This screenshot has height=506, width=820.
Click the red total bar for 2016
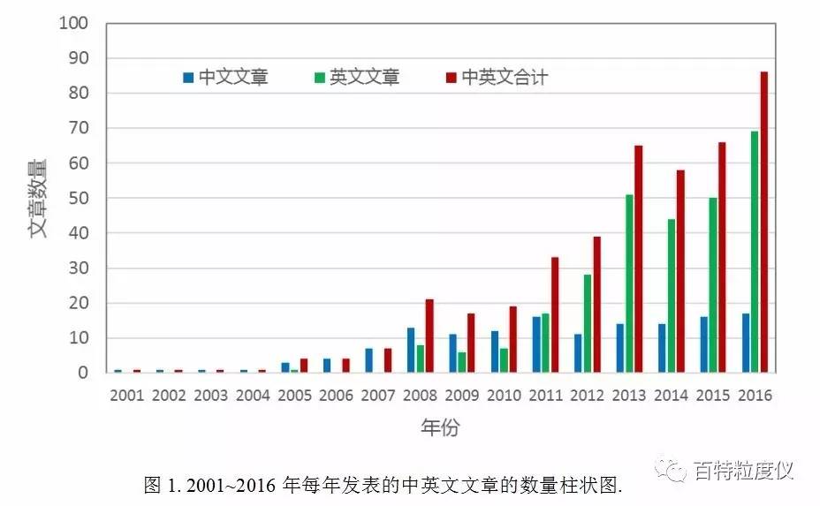click(764, 222)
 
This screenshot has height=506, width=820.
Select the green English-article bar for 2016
click(754, 252)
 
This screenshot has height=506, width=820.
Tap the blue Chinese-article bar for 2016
click(744, 343)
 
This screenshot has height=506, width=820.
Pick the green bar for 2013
click(628, 283)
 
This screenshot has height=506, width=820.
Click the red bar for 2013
click(639, 259)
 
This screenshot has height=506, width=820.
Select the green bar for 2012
click(587, 323)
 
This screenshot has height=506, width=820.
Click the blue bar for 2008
click(410, 350)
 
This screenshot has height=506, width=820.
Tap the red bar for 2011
click(555, 314)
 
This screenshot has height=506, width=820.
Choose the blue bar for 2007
click(368, 360)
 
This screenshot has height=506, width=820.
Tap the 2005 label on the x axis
click(294, 396)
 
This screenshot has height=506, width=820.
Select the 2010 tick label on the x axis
click(504, 396)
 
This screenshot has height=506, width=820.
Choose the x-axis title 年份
click(439, 428)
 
